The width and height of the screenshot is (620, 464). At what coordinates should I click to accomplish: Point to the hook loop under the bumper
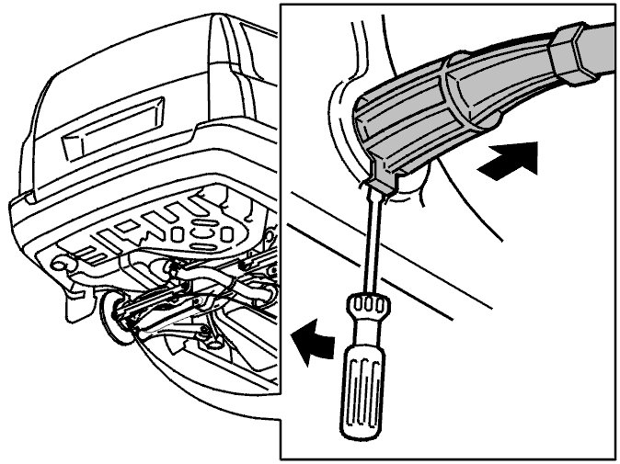click(x=62, y=264)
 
